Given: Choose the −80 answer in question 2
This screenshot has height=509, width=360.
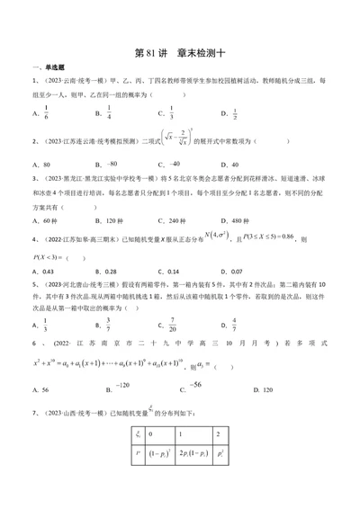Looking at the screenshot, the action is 112,164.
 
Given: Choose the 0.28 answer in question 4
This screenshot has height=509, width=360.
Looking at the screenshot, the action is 111,271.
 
